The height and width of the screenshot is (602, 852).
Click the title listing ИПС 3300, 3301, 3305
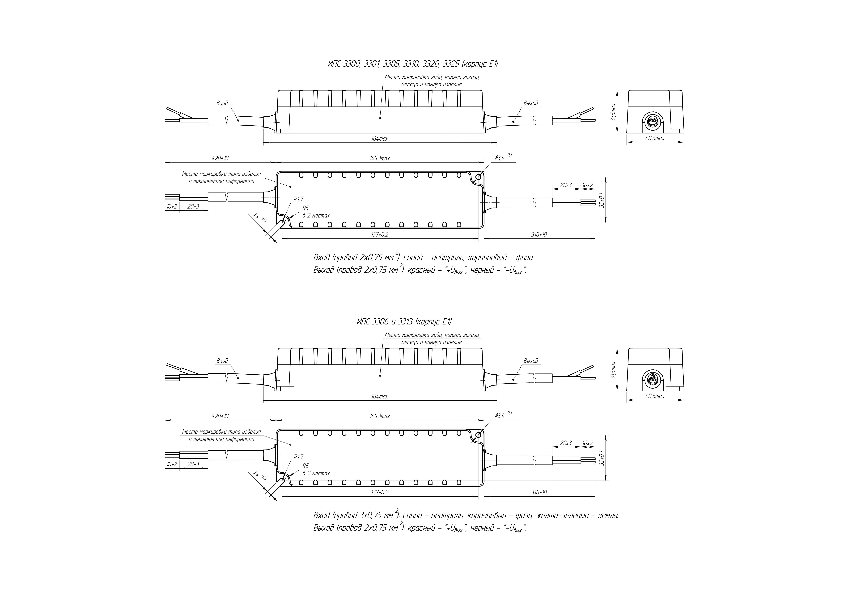(413, 64)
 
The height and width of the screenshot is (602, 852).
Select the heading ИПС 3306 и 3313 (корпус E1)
(404, 322)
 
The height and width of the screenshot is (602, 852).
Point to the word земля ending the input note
(609, 516)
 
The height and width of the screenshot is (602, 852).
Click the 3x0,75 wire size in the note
(372, 516)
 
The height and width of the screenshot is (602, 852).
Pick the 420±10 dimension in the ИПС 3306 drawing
(220, 416)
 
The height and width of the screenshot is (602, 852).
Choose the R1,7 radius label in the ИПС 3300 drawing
(298, 199)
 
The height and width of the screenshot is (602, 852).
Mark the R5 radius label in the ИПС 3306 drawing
(305, 466)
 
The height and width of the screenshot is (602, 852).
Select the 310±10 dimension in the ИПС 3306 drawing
(539, 493)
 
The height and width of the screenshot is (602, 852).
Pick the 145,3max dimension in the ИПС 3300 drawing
(379, 158)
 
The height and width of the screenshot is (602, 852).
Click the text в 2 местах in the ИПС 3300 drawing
(316, 215)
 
